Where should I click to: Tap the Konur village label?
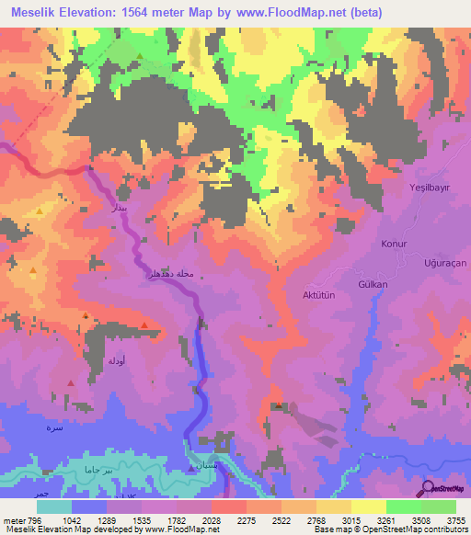(x=394, y=245)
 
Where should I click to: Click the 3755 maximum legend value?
(x=455, y=519)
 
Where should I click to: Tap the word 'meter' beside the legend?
(x=14, y=519)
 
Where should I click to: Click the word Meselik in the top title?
(x=37, y=12)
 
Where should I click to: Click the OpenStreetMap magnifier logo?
(x=428, y=488)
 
